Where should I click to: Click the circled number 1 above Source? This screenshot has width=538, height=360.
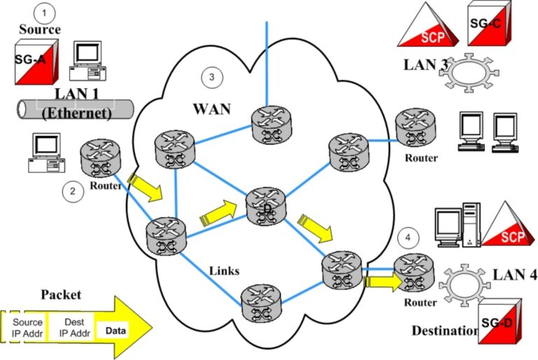(46, 13)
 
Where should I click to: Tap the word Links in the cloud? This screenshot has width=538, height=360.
(224, 270)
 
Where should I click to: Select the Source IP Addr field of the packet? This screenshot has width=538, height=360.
(27, 326)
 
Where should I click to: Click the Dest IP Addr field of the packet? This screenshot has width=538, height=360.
(69, 326)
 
